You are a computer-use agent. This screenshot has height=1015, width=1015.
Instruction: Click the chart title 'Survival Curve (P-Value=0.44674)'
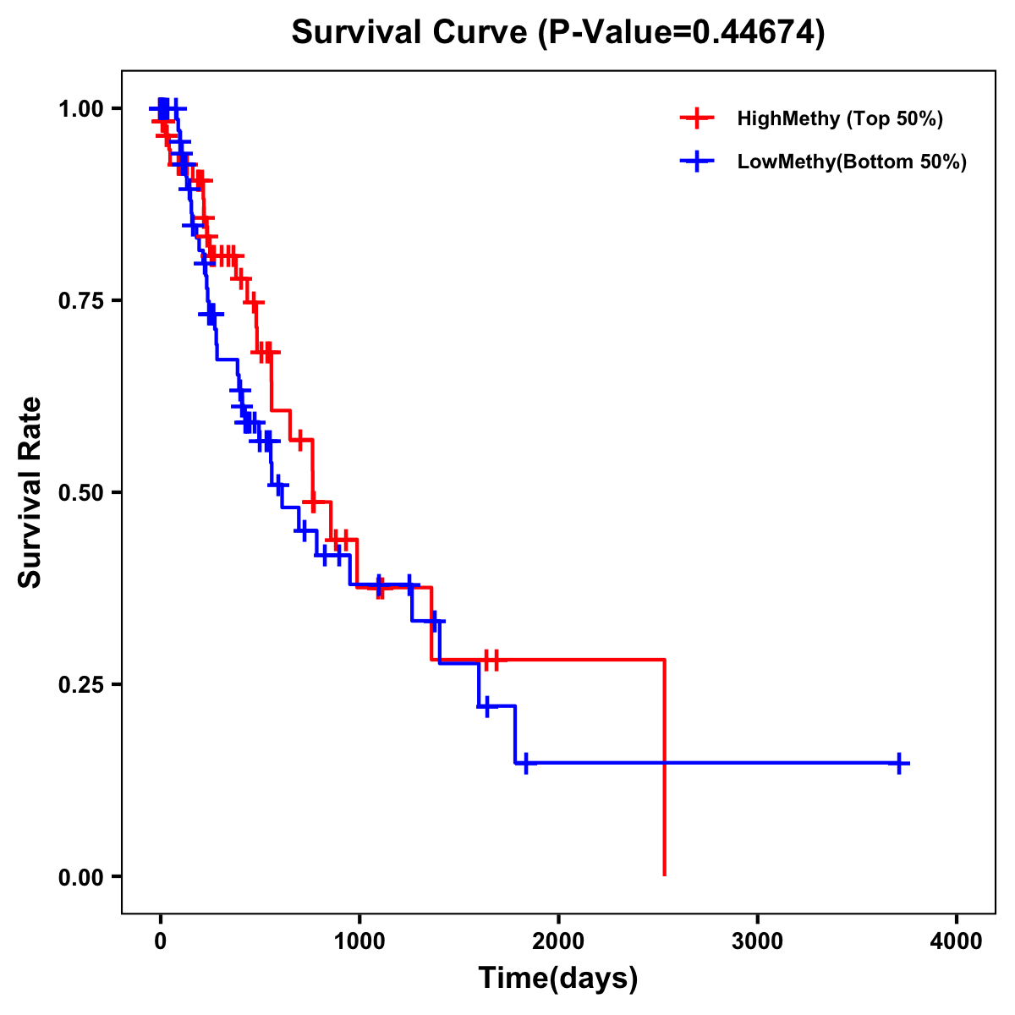(557, 32)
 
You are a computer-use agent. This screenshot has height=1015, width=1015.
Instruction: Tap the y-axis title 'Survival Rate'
(30, 491)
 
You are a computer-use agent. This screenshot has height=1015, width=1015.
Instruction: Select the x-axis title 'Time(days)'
(557, 979)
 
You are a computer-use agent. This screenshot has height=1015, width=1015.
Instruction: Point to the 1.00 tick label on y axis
(81, 109)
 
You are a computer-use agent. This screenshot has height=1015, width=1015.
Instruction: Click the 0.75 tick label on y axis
(81, 301)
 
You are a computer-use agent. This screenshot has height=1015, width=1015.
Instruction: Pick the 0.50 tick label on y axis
(81, 493)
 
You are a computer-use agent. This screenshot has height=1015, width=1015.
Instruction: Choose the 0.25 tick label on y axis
(81, 685)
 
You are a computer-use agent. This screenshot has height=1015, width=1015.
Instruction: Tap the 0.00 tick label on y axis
(81, 877)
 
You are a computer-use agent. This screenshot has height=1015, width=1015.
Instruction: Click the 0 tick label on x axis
(160, 941)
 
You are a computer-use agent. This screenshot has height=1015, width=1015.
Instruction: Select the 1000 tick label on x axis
(359, 941)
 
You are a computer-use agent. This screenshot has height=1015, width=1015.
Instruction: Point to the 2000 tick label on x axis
(558, 941)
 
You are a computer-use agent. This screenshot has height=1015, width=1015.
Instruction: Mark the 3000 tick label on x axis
(757, 941)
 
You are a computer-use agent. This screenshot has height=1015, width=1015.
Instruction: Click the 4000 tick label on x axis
(957, 941)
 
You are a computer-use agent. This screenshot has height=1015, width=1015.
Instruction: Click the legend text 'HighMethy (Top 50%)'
(840, 118)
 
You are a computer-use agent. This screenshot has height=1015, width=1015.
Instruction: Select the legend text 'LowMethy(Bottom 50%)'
(852, 162)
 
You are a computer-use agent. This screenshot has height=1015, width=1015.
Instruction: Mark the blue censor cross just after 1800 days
(525, 763)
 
